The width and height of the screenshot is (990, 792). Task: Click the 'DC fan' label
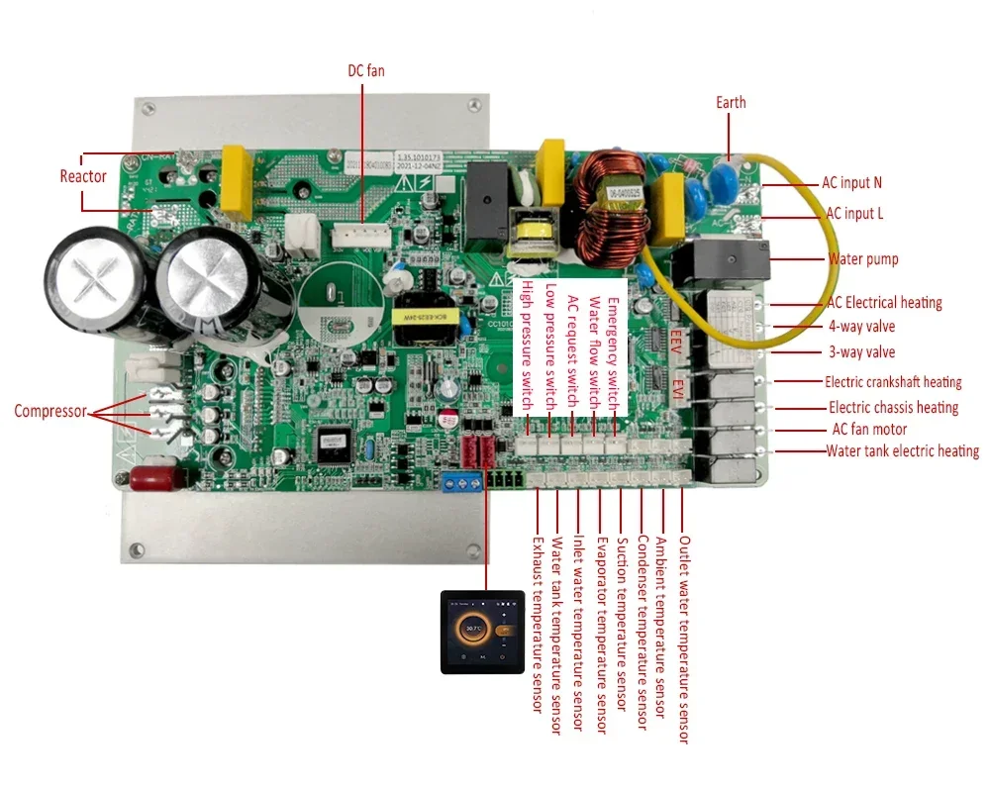coord(363,70)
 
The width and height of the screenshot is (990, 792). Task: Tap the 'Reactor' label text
coord(83,176)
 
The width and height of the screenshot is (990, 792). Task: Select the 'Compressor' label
coord(49,411)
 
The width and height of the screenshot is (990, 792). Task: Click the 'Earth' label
coord(731,102)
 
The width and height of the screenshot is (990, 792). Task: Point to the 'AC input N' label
coord(851,182)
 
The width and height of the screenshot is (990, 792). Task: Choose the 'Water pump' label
coord(863,259)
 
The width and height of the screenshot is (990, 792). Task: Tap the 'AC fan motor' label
coord(869,430)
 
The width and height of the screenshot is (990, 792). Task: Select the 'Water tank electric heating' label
coord(902,451)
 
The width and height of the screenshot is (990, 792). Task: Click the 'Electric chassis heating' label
coord(893,407)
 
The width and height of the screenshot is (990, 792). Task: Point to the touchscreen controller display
coord(481,631)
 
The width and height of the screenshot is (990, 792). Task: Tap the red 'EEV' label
coord(677,343)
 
